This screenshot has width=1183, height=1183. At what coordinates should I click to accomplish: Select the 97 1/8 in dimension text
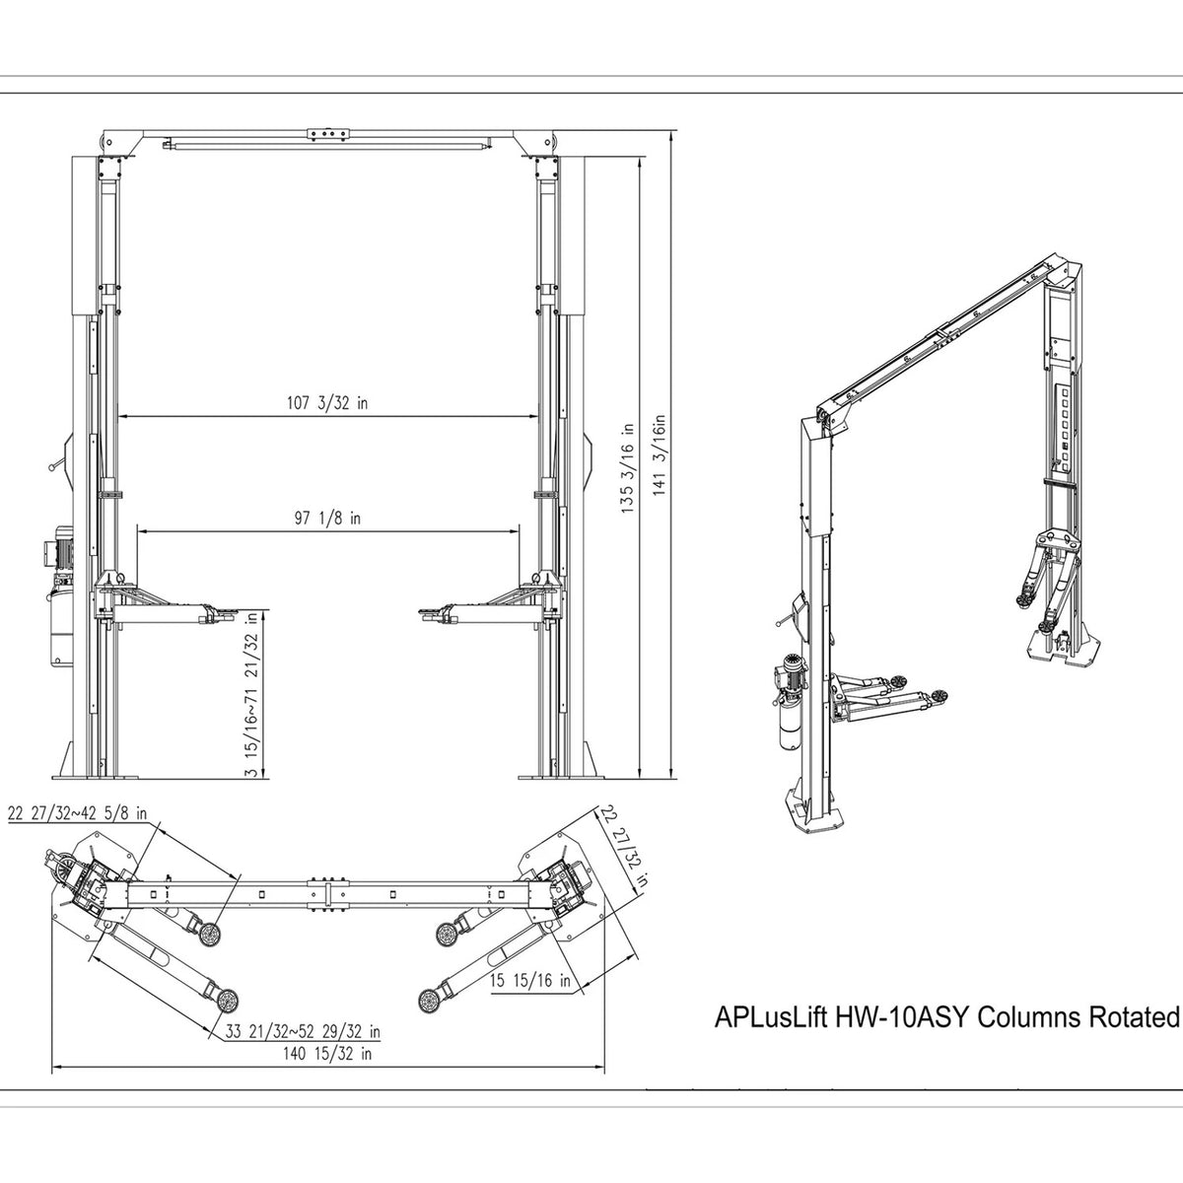tap(328, 517)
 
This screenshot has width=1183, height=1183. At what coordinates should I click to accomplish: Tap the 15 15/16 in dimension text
tap(530, 981)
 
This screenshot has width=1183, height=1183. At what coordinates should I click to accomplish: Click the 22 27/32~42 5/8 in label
tap(77, 813)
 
